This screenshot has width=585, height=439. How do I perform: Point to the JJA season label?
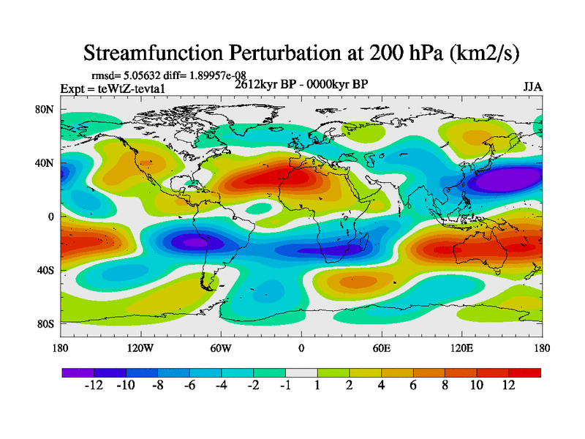pyautogui.click(x=532, y=87)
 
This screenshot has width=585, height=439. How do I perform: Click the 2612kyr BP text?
pyautogui.click(x=267, y=84)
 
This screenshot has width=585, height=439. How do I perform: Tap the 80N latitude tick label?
pyautogui.click(x=46, y=109)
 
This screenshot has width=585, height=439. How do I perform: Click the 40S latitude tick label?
pyautogui.click(x=46, y=270)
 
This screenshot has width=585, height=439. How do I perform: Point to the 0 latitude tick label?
pyautogui.click(x=52, y=217)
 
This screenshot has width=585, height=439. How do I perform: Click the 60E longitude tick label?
pyautogui.click(x=381, y=348)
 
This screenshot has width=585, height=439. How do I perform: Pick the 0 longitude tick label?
pyautogui.click(x=301, y=348)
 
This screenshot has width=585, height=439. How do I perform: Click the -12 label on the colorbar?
pyautogui.click(x=94, y=386)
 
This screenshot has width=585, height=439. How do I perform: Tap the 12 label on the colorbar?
pyautogui.click(x=508, y=386)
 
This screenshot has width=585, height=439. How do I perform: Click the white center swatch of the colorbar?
pyautogui.click(x=301, y=372)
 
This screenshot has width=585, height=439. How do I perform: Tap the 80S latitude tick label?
pyautogui.click(x=46, y=323)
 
